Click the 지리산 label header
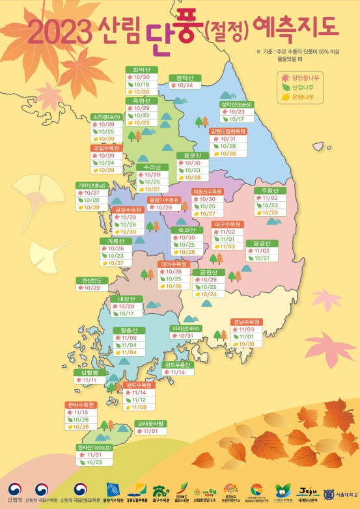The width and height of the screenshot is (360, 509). [185, 328]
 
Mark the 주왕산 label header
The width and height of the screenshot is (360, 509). [270, 190]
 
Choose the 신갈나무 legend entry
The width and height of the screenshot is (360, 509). [298, 87]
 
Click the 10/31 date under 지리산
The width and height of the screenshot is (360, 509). [185, 336]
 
